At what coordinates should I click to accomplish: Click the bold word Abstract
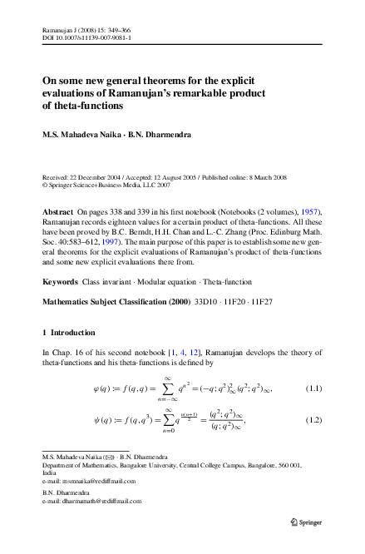tap(58, 213)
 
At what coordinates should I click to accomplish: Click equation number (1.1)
tap(314, 388)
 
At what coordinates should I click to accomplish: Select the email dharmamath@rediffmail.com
tap(101, 501)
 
